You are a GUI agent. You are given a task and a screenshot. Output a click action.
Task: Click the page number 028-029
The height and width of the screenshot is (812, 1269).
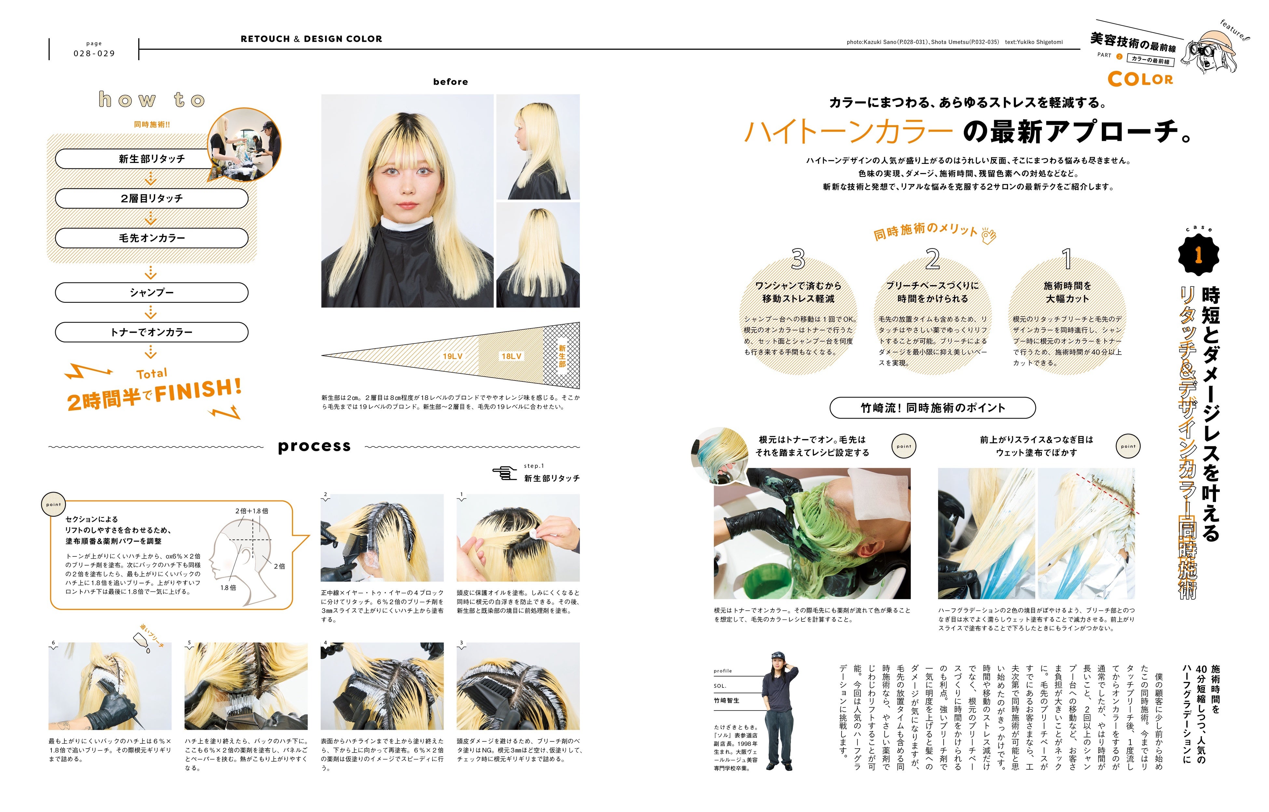[x=94, y=53]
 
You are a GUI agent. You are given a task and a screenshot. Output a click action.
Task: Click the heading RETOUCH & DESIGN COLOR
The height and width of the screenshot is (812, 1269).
[x=311, y=39]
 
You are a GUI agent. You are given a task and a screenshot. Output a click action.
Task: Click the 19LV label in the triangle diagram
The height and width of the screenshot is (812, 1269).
[x=453, y=356]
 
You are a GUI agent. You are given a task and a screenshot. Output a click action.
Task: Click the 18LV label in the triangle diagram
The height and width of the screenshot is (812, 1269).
[x=511, y=356]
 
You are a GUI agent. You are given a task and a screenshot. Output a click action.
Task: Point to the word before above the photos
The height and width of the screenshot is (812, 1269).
[x=450, y=82]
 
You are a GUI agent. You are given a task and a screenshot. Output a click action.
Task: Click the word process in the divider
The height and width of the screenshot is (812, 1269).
[x=314, y=446]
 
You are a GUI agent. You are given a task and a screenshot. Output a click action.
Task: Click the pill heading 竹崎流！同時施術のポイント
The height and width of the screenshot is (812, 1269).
[x=933, y=407]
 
